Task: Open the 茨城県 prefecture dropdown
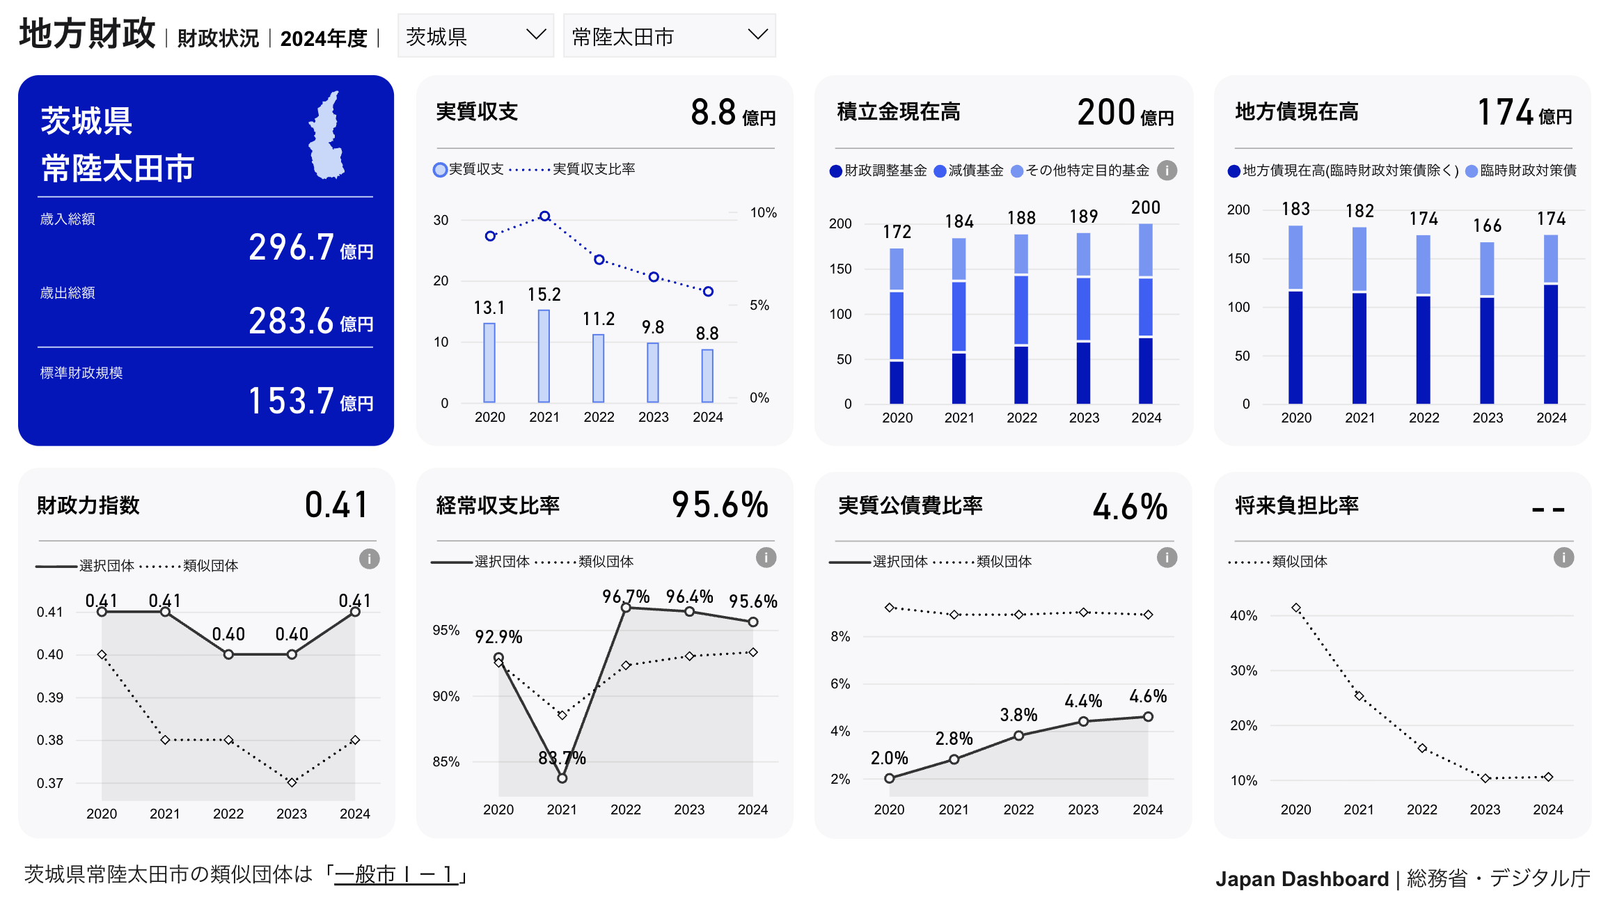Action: (475, 35)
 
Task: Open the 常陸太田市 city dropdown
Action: (669, 35)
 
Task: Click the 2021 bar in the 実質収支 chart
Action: (544, 356)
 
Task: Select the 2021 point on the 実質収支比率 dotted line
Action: (545, 216)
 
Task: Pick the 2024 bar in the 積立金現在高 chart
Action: (1146, 313)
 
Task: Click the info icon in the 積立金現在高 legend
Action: (1167, 171)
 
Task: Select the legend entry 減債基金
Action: (969, 171)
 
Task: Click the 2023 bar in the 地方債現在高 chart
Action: (1487, 323)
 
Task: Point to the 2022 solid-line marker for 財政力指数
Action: (228, 654)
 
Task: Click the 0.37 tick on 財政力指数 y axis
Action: (50, 783)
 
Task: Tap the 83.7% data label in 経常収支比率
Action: (562, 758)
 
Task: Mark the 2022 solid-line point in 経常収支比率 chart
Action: (626, 608)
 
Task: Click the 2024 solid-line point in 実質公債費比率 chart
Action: (1148, 716)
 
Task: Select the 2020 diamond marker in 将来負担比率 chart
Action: (1296, 608)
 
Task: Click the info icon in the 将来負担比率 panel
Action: (1563, 558)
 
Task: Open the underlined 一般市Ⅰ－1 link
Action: (396, 874)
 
